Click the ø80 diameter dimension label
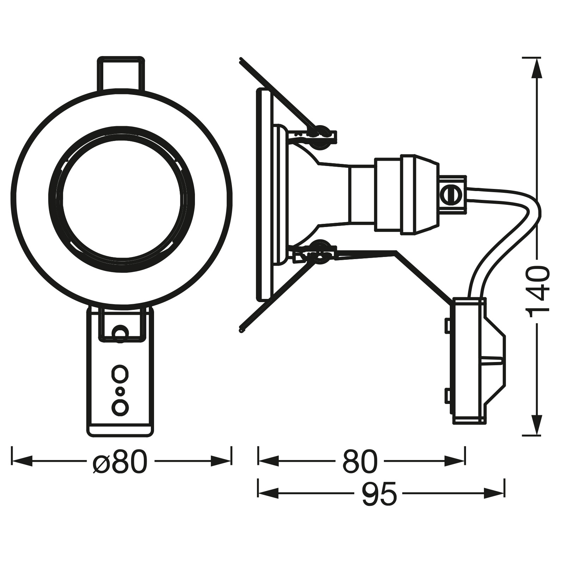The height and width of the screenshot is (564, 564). [x=119, y=461]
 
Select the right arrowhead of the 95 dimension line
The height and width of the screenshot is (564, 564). [x=495, y=493]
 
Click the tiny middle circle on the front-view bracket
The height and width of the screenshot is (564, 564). [x=120, y=391]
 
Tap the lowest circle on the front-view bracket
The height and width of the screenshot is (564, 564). [x=120, y=407]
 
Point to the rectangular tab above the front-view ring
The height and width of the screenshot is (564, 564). [x=120, y=73]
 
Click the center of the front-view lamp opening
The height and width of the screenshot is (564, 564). [x=122, y=199]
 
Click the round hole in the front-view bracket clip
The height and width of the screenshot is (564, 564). [x=120, y=332]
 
